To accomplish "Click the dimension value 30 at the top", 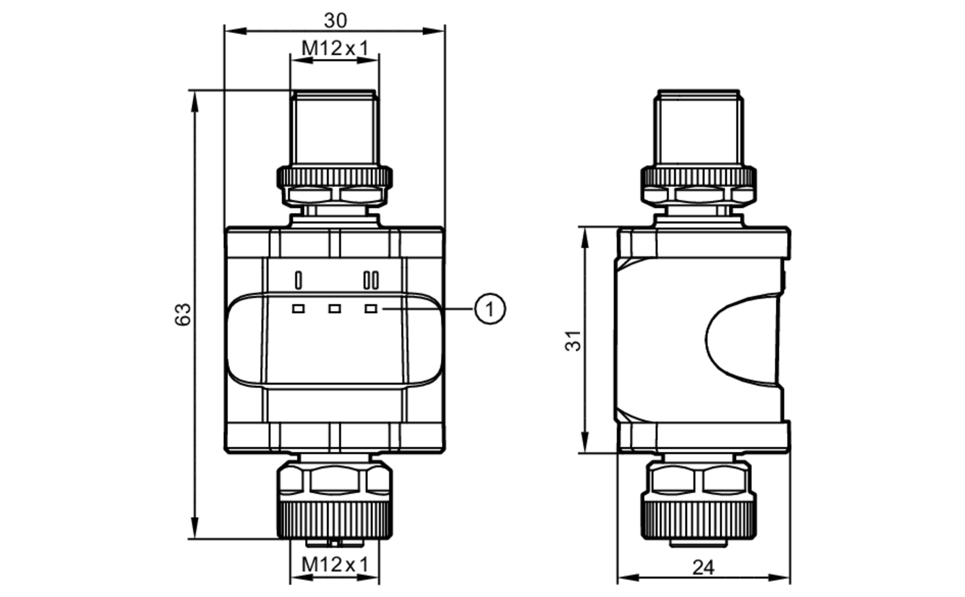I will point(335,20).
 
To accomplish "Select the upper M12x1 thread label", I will point(334,48).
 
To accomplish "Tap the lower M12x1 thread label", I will point(334,564).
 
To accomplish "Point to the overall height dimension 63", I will point(183,314).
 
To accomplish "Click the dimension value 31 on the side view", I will point(573,340).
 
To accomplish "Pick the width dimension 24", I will point(703,568).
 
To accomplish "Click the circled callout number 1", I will point(490,309).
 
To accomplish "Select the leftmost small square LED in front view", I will point(298,309).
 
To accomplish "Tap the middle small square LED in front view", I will point(334,309).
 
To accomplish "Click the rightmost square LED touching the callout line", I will point(371,309).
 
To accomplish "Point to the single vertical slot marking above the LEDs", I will point(298,280).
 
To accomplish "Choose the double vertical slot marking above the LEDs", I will point(371,280).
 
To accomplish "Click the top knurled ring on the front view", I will point(334,177).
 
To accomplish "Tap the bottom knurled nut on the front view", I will point(334,520).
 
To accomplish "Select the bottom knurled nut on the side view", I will point(698,520).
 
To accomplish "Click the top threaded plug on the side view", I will point(698,128).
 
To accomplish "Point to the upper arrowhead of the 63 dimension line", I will point(194,101).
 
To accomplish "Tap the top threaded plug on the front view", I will point(334,128).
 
